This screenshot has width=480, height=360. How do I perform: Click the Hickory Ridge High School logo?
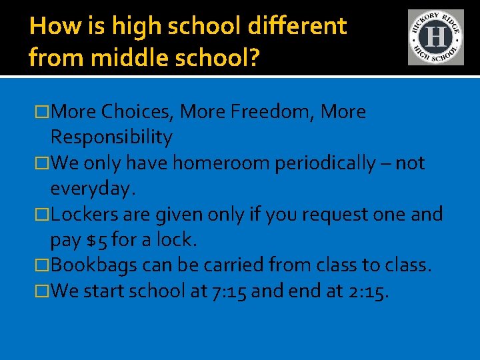tap(435, 37)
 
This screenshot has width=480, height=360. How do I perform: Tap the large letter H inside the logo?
tap(435, 37)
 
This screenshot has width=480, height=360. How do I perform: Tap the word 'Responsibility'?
tap(111, 137)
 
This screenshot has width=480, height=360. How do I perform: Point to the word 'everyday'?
tap(91, 189)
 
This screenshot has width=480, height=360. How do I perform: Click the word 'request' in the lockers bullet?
tap(320, 215)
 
